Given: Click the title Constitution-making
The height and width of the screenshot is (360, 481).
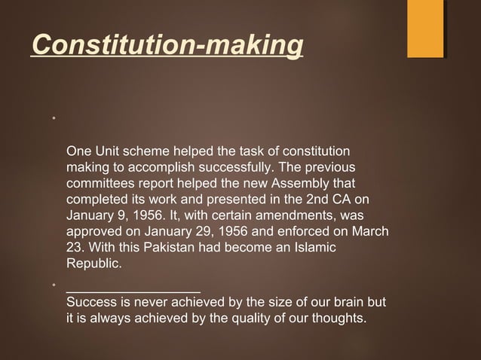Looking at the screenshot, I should coord(167,45).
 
